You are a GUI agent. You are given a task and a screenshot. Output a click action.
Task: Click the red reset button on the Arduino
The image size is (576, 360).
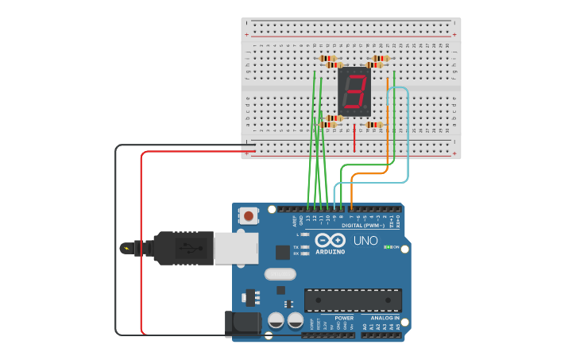click(249, 215)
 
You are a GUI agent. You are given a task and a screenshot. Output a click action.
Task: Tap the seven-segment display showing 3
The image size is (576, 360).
click(354, 92)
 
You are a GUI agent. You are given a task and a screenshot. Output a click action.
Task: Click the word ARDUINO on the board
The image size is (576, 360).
click(330, 251)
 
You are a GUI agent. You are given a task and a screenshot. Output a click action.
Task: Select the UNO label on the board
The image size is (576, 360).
click(365, 241)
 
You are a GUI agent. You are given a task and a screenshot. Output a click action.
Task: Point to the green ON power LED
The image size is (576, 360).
click(387, 247)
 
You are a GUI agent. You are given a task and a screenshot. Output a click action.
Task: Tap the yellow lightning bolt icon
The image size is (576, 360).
click(127, 248)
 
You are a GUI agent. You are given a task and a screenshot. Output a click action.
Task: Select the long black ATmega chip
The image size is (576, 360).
click(353, 300)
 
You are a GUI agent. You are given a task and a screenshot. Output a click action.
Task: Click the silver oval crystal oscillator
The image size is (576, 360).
click(279, 274)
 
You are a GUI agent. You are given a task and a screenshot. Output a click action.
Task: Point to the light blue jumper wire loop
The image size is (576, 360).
click(407, 135)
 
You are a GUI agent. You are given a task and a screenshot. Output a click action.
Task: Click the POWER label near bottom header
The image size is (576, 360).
click(343, 318)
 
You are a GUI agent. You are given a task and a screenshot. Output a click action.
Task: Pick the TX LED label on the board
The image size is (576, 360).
click(296, 247)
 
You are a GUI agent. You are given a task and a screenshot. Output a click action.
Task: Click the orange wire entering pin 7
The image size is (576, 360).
click(351, 195)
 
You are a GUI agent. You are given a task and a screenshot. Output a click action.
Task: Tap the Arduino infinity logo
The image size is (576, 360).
click(329, 240)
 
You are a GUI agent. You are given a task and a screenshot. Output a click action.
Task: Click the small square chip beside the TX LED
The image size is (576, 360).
click(282, 252)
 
